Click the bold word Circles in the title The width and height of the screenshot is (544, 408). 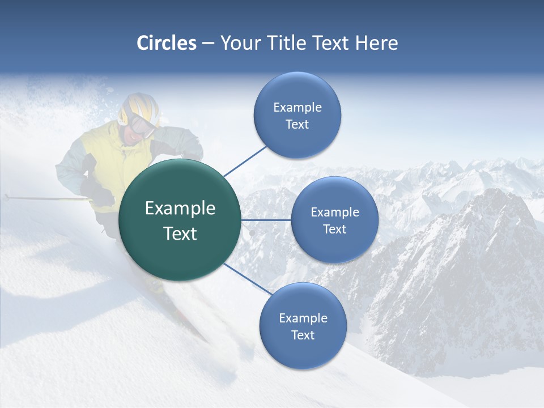[x=167, y=43]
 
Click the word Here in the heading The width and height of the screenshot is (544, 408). [x=376, y=43]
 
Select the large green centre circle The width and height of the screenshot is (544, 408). [x=180, y=220]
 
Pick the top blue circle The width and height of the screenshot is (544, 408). [x=297, y=115]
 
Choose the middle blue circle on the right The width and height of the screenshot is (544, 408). [x=335, y=220]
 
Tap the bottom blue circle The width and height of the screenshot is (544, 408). [x=303, y=326]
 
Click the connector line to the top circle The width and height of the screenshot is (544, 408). [x=246, y=160]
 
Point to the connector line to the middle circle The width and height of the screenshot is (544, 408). [x=266, y=220]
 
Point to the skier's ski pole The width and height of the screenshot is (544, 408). [x=45, y=198]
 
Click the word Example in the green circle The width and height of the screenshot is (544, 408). [x=180, y=209]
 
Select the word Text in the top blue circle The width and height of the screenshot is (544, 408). [x=297, y=124]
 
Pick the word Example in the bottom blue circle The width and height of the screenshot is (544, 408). [x=303, y=318]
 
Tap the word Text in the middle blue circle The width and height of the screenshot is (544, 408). [x=335, y=229]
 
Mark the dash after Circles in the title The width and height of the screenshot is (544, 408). [x=208, y=44]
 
